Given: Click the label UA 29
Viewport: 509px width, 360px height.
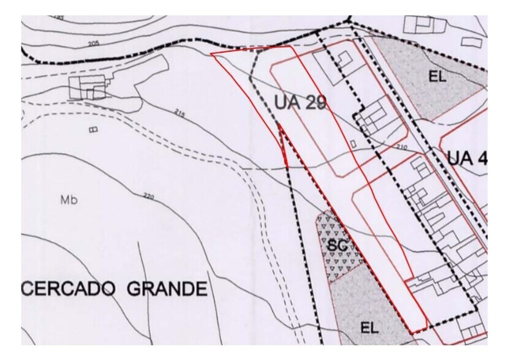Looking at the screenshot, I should (300, 102).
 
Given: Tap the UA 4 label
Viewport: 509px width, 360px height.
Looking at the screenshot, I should (467, 158).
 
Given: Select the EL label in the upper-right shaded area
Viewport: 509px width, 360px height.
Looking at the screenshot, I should (437, 77).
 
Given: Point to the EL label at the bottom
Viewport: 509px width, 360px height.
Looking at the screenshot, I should (369, 328).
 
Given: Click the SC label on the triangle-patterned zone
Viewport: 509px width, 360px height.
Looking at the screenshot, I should (337, 246).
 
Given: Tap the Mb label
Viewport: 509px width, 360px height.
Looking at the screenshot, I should (69, 200).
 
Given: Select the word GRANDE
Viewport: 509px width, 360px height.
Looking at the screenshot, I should (167, 288).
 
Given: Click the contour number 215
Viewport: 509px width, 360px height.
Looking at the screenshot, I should (179, 113).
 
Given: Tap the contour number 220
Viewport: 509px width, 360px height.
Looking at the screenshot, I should (148, 197).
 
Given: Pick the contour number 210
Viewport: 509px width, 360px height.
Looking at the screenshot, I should (402, 147).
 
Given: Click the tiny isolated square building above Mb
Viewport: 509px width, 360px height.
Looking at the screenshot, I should (93, 129).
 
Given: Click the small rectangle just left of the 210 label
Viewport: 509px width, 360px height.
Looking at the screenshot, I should (353, 143).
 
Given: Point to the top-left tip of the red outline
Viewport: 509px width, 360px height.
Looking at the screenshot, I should (211, 54).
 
